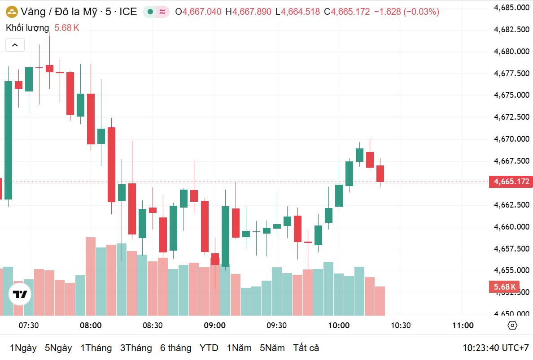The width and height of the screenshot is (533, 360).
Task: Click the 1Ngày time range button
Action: pos(23,348)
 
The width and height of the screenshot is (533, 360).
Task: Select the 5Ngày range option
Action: pos(58,348)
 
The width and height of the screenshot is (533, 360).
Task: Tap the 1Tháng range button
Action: pos(96,348)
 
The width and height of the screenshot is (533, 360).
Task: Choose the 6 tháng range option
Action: pos(176,348)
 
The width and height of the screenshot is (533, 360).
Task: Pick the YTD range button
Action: pos(209,348)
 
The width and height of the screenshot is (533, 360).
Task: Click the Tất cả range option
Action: pos(306,348)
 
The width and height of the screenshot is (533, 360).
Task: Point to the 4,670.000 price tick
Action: pos(511,139)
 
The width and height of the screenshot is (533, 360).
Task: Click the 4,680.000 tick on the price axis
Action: pos(511,52)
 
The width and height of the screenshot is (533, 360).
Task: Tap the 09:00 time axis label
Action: pos(214,325)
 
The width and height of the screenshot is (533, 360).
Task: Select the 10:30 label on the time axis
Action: pos(401,325)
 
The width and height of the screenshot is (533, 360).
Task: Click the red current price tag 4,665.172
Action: pos(511,182)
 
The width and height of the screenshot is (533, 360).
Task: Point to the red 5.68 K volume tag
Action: pos(505,287)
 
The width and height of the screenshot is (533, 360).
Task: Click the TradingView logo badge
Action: pos(20,295)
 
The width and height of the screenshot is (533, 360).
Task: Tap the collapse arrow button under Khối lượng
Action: pos(15,45)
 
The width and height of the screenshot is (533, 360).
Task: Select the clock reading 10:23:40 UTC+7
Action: pos(496,348)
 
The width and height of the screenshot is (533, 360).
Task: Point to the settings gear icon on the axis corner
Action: pos(513,325)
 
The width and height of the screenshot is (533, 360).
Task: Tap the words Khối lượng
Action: pos(27,28)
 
